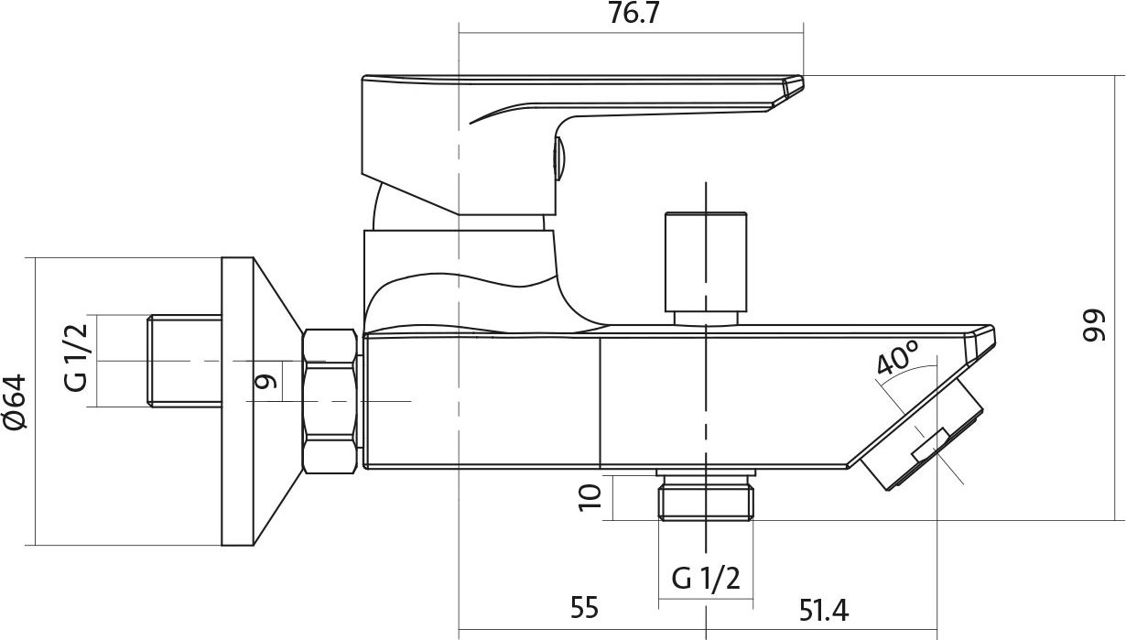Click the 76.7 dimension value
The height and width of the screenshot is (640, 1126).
(x=633, y=14)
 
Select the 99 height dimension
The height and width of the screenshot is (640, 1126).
(x=1094, y=326)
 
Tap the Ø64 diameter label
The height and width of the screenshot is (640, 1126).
(x=16, y=402)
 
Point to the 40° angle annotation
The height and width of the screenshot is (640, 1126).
(x=898, y=357)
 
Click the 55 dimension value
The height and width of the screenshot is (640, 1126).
(x=584, y=607)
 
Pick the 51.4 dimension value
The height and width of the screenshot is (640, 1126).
(x=824, y=611)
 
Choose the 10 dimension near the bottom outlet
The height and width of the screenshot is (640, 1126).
(x=590, y=498)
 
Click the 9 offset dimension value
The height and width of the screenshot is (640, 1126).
(x=265, y=382)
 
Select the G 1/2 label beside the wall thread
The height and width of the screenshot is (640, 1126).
(x=76, y=358)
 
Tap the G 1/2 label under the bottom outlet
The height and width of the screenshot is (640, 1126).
(x=706, y=578)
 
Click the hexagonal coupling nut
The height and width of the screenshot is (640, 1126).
(x=330, y=401)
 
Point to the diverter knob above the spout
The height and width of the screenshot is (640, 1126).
(x=706, y=268)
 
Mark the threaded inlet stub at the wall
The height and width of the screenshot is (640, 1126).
(x=185, y=361)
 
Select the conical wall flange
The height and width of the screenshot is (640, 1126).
(x=263, y=401)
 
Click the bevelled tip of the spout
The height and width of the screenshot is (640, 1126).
(x=980, y=344)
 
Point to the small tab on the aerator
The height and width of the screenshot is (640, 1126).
(x=930, y=445)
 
